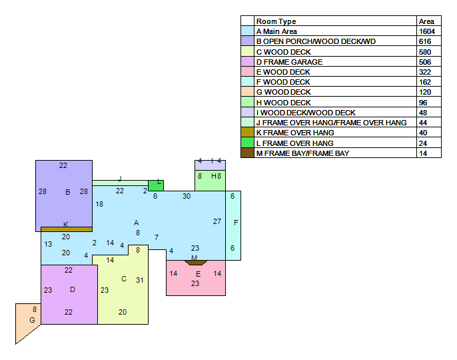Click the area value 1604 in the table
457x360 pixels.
click(426, 31)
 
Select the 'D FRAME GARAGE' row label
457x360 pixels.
click(289, 62)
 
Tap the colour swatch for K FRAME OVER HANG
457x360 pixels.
click(247, 132)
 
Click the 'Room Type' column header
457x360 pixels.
click(276, 21)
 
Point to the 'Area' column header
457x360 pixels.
click(426, 21)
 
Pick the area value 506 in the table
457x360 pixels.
click(425, 62)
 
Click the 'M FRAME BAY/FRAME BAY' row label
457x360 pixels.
click(303, 153)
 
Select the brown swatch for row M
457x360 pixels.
click(247, 153)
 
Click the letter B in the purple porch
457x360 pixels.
click(68, 192)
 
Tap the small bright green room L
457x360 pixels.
click(156, 185)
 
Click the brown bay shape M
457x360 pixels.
click(196, 263)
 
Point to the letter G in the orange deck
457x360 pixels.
click(33, 320)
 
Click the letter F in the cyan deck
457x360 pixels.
click(236, 223)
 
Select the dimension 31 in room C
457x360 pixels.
click(140, 280)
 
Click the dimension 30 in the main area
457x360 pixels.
click(187, 196)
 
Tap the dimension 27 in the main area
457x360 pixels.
click(217, 221)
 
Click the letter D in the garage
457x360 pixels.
click(73, 289)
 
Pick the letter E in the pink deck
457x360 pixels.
click(199, 274)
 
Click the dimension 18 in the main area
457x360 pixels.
click(99, 204)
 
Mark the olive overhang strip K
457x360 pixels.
click(67, 229)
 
